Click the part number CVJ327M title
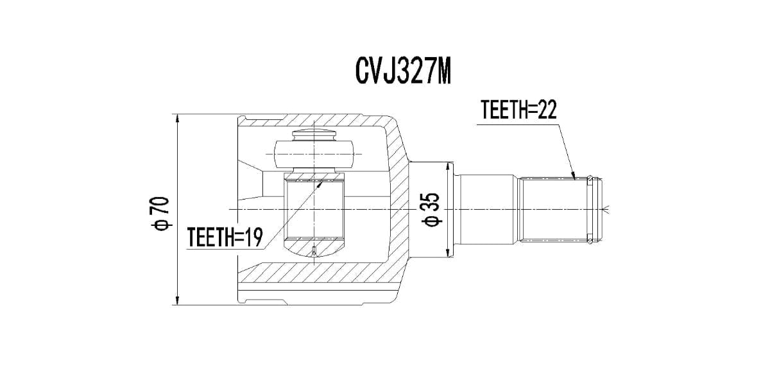coord(403,71)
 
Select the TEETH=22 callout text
coord(518,110)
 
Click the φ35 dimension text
coord(431,210)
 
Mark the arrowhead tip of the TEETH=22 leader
coord(575,177)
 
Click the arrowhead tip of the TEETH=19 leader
coord(323,180)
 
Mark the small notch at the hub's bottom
coord(313,251)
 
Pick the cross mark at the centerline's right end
coord(610,209)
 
